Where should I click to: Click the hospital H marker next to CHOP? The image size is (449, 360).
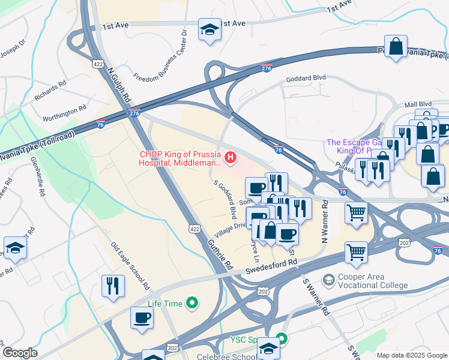(230, 158)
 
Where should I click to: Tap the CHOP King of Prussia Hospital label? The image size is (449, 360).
(179, 157)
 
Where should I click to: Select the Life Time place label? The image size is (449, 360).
(165, 304)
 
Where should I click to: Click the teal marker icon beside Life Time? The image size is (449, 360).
(192, 304)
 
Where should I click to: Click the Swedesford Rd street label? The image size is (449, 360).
(272, 268)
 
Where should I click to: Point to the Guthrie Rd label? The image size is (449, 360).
(220, 254)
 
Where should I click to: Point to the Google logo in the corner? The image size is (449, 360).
(20, 353)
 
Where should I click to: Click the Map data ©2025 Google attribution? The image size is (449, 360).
(412, 355)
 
